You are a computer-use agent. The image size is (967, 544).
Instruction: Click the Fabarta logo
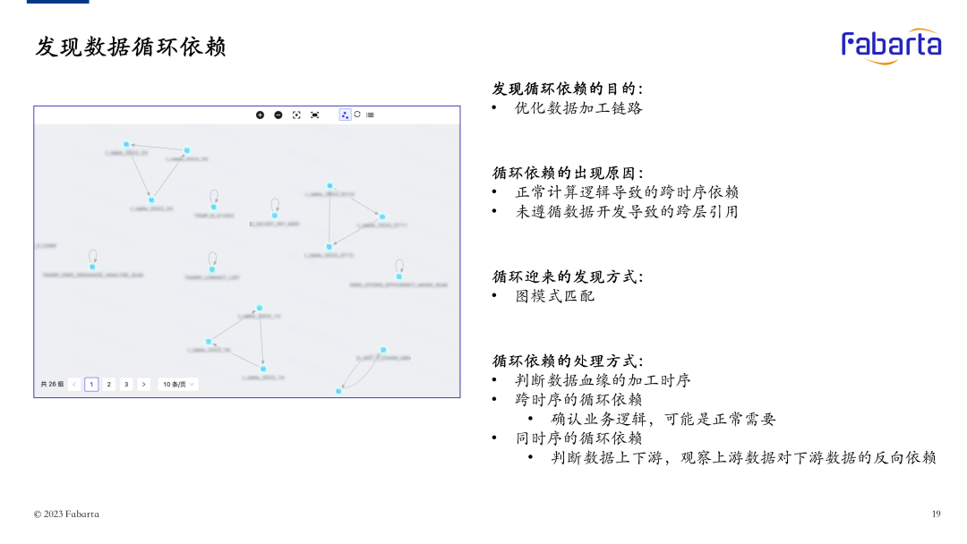coord(891,45)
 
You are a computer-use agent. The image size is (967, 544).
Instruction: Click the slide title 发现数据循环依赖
coord(131,47)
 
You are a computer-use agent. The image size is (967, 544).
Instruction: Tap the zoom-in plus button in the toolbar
coord(261,115)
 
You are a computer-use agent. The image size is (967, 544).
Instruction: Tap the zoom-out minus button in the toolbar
coord(278,115)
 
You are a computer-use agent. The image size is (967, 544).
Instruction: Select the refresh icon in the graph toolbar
coord(357,115)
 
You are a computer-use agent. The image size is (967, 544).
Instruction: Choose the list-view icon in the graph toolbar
coord(370,115)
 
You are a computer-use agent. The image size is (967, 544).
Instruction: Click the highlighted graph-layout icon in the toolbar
coord(345,115)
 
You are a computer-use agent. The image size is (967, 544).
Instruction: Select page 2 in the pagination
coord(109,384)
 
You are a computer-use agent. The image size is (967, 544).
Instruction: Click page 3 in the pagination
coord(126,384)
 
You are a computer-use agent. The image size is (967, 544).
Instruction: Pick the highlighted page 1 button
coord(91,384)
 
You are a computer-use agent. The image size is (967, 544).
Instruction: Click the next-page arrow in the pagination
coord(143,384)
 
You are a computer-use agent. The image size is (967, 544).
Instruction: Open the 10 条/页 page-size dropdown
coord(178,384)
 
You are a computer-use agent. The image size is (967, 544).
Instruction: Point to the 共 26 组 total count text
coord(52,384)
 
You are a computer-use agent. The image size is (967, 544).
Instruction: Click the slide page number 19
coord(936,514)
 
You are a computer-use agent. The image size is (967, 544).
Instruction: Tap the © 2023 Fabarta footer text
coord(66,514)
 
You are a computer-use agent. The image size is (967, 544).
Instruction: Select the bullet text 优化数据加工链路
coord(578,108)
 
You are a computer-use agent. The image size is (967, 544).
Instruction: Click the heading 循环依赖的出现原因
coord(567,173)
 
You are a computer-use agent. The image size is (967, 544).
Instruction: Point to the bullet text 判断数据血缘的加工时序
coord(603,380)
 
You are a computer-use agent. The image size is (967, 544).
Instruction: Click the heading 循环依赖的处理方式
coord(567,361)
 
